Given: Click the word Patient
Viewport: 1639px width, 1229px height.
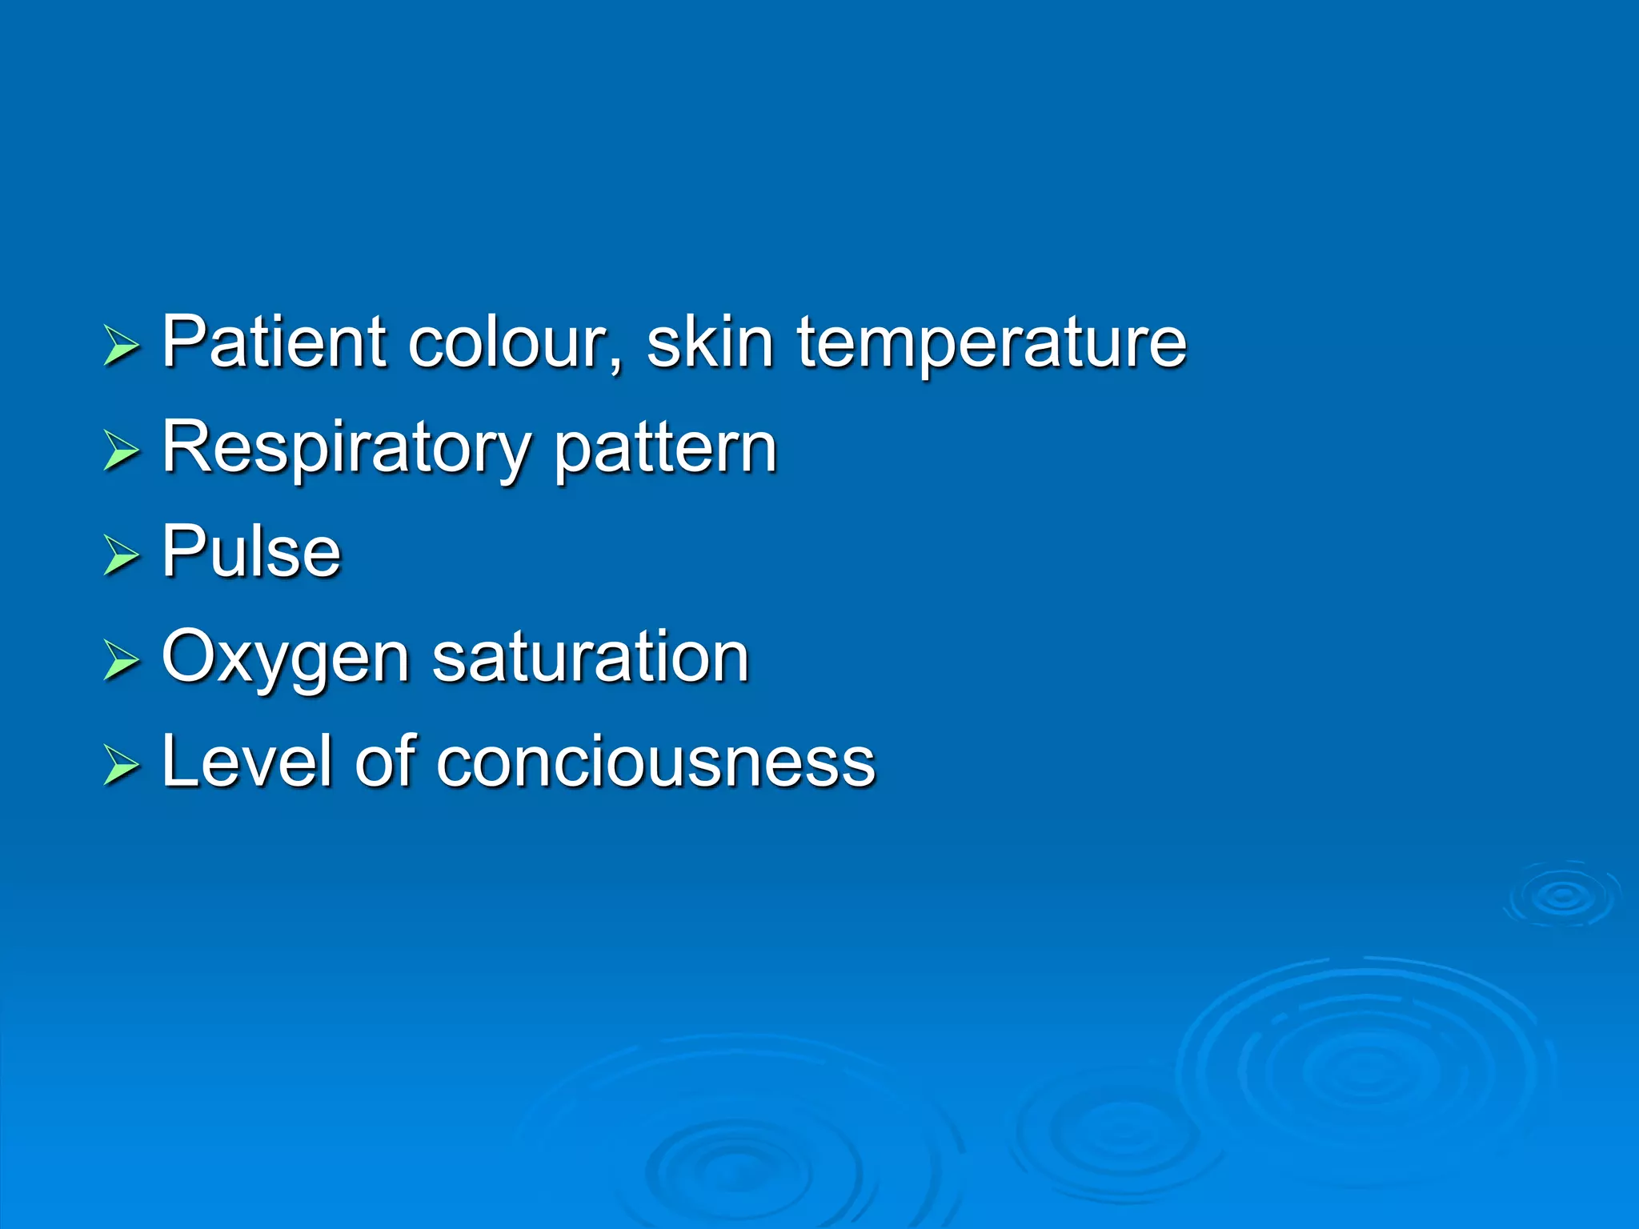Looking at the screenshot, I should (x=274, y=342).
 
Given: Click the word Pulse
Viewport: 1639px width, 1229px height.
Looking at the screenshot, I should (x=251, y=551).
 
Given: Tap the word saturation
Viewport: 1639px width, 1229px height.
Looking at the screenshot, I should (x=590, y=657).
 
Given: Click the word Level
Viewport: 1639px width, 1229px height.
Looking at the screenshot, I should (x=246, y=761).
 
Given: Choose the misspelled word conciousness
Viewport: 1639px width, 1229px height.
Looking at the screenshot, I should (x=655, y=763).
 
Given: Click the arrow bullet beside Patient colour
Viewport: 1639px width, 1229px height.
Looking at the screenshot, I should (x=121, y=346).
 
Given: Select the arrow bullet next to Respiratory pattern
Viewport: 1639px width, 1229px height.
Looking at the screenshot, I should (x=121, y=451).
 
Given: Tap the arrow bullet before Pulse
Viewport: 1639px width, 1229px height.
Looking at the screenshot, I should (x=121, y=556).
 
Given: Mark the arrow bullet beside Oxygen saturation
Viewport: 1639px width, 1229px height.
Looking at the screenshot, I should (x=121, y=661).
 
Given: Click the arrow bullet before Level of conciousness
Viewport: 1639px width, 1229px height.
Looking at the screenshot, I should (x=121, y=766).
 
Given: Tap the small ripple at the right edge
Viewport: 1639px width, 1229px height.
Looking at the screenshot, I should (x=1562, y=896).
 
